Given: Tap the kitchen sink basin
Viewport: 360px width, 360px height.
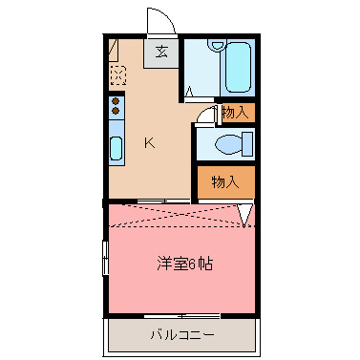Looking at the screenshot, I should click(x=116, y=148).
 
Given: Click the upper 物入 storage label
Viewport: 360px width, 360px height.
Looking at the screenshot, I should click(x=235, y=113).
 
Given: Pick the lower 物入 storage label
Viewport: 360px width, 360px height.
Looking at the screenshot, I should click(x=225, y=181).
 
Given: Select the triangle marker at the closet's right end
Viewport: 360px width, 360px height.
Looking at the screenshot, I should click(x=245, y=217).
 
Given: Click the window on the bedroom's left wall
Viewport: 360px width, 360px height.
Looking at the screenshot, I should click(x=104, y=259).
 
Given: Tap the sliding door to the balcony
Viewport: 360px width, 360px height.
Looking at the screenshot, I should click(x=181, y=316).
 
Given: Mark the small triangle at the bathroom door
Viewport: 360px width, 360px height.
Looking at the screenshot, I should click(x=189, y=93).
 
